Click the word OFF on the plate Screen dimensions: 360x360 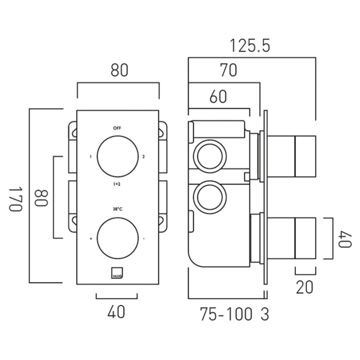[117, 128]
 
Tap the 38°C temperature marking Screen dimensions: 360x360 [117, 209]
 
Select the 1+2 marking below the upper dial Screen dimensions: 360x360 [117, 184]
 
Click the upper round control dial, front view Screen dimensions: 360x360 [117, 157]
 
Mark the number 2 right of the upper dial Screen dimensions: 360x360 [144, 157]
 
